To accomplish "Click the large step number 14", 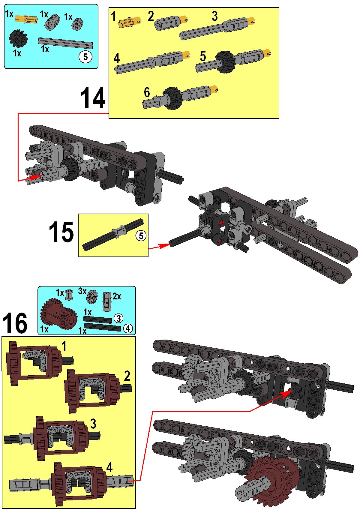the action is (x=93, y=98).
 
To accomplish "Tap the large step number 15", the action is (x=61, y=232).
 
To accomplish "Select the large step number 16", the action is (x=15, y=323).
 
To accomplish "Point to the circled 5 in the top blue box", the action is (x=85, y=57).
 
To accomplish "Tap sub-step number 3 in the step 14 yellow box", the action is (x=214, y=16).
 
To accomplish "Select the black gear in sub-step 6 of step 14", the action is (x=172, y=98).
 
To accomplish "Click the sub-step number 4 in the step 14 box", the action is (x=117, y=58).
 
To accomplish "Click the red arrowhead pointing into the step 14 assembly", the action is (x=35, y=177).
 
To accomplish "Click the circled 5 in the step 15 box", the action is (x=141, y=235).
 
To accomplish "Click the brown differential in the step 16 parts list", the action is (x=58, y=315).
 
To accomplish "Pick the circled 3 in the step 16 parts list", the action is (x=118, y=318).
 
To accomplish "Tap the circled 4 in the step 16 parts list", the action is (x=128, y=328).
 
